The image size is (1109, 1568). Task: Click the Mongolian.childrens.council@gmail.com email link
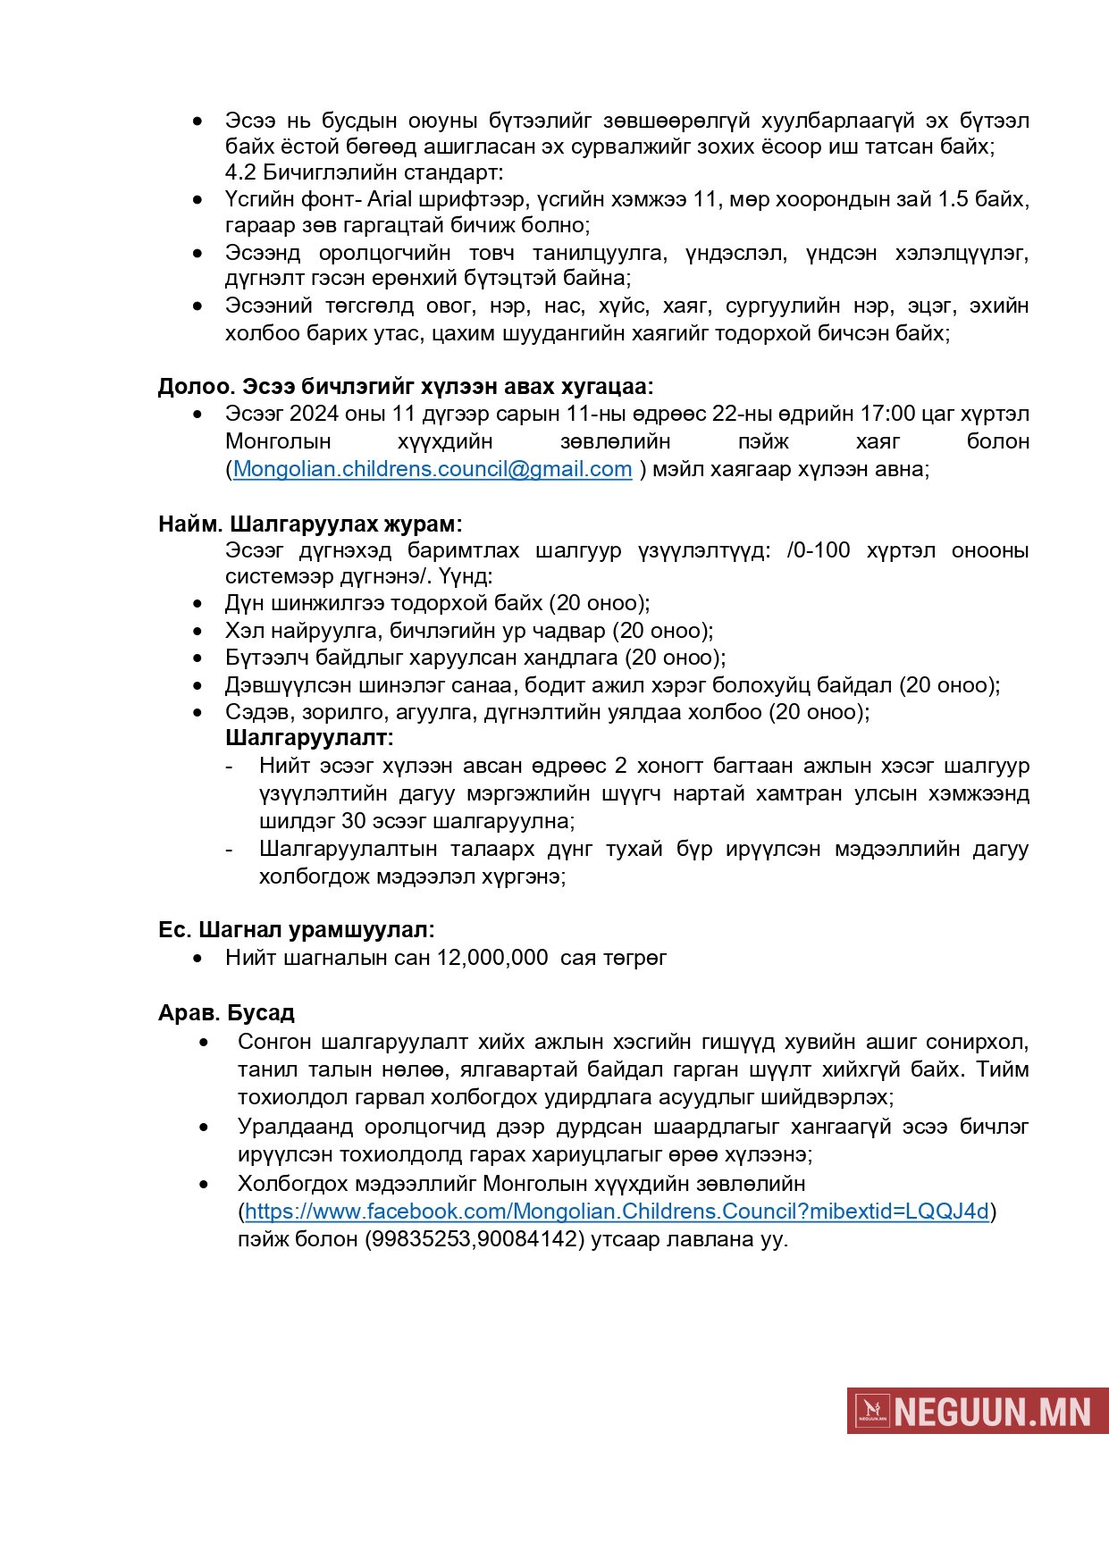tap(433, 469)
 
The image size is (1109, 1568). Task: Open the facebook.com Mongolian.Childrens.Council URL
tap(617, 1212)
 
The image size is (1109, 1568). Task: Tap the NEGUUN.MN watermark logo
tap(978, 1411)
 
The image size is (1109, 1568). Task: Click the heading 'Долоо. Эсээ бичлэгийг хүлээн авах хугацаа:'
tap(406, 386)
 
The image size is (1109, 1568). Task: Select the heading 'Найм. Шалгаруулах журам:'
tap(310, 524)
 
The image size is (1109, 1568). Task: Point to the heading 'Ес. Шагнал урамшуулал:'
tap(296, 930)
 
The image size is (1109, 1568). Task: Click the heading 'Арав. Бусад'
tap(226, 1013)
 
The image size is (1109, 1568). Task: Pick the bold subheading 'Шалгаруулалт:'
tap(309, 738)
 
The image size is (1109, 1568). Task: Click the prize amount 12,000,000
tap(492, 958)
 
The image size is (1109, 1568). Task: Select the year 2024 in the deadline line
tap(313, 414)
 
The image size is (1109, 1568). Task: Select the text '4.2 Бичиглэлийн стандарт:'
tap(364, 172)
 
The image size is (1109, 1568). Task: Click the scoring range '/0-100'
tap(819, 550)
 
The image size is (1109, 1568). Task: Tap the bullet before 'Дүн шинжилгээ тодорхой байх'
tap(198, 604)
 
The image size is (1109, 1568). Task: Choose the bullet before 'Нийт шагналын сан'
tap(198, 958)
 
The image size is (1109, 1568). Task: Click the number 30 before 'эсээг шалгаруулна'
tap(354, 821)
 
